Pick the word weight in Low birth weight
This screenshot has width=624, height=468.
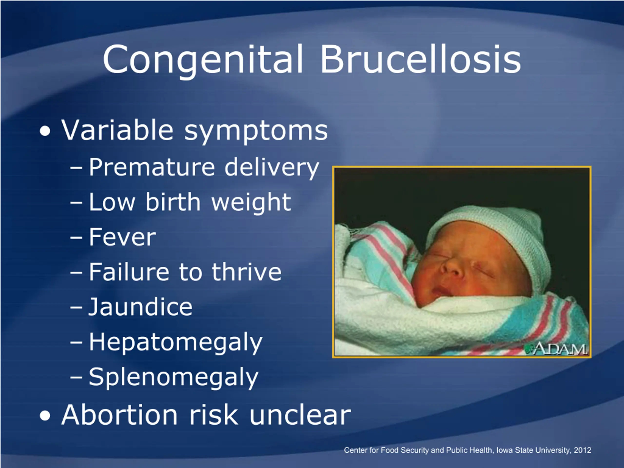tap(251, 203)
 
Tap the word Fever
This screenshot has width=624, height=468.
tap(122, 237)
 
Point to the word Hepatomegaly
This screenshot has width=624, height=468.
tap(176, 343)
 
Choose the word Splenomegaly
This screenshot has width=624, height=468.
tap(174, 378)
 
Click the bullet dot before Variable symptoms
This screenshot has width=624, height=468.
tap(45, 131)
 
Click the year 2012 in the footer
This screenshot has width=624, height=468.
tap(583, 450)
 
